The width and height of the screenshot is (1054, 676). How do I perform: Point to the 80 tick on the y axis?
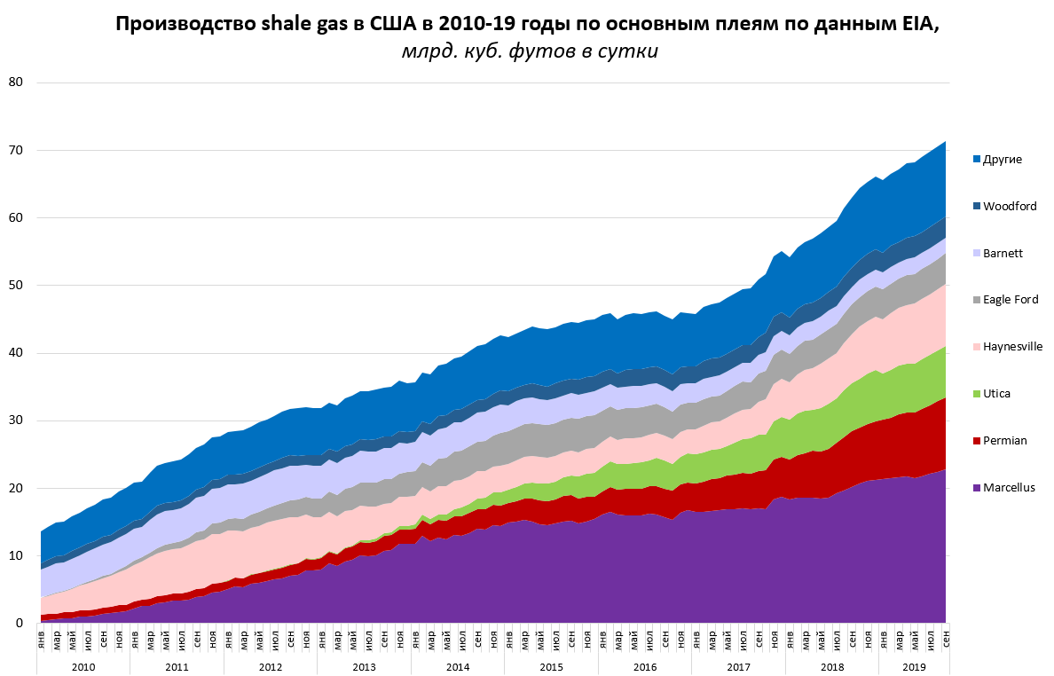[x=16, y=83]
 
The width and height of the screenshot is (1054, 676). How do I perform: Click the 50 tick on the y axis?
[x=16, y=286]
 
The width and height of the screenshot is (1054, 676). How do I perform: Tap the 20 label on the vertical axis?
[x=16, y=488]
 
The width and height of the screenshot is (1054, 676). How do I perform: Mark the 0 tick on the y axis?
[x=20, y=624]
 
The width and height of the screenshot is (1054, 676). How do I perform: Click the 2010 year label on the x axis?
[x=83, y=666]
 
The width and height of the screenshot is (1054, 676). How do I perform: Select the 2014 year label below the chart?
[x=458, y=666]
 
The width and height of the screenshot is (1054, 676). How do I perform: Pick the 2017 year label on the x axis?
[x=739, y=666]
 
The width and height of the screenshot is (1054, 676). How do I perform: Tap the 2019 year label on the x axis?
[x=914, y=666]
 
